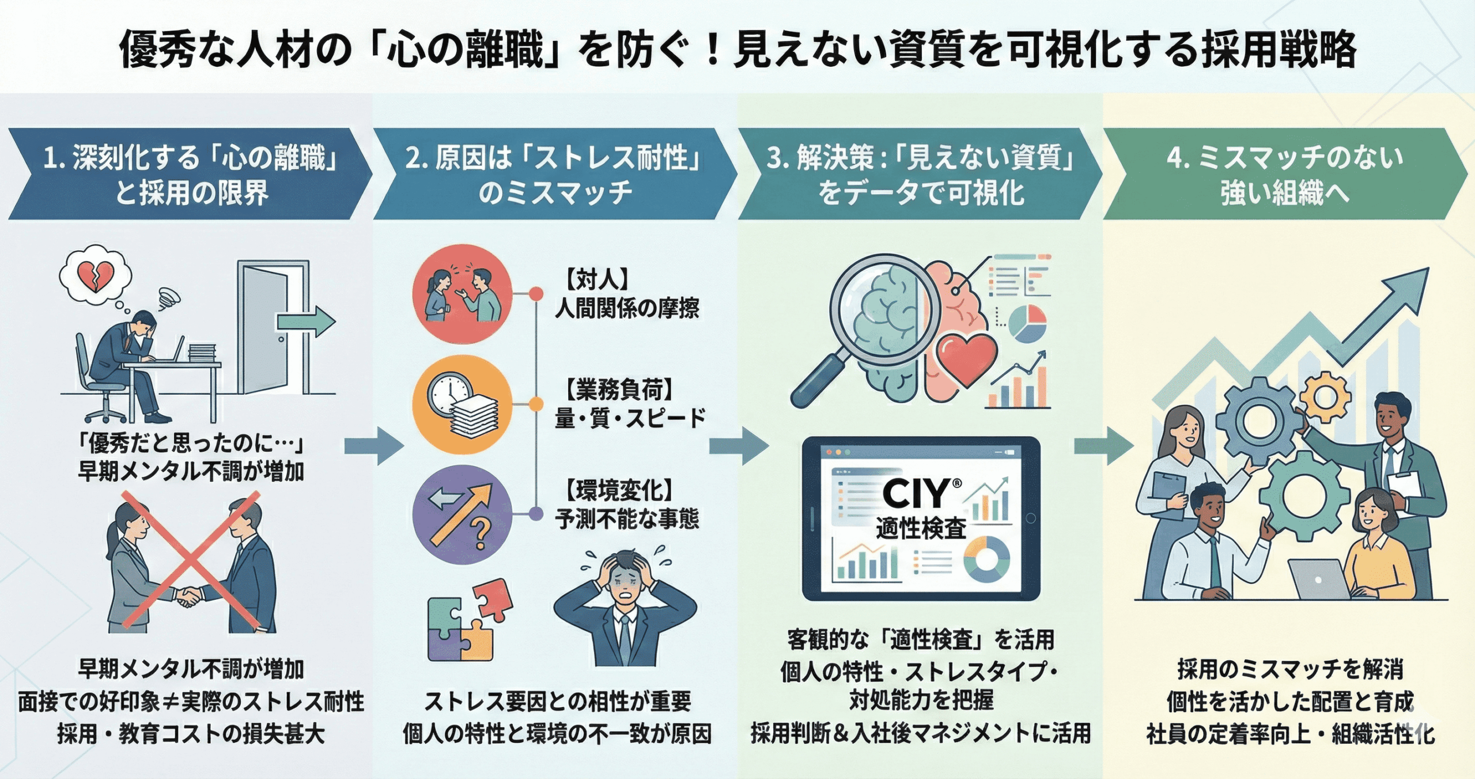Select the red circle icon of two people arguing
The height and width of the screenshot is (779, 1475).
[462, 294]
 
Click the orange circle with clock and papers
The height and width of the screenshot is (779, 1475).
[462, 404]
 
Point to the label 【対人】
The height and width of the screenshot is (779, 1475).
[596, 280]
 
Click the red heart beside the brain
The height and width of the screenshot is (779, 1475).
[966, 358]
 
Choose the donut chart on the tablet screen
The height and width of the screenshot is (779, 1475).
[986, 558]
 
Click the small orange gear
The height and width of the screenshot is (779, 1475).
[1325, 397]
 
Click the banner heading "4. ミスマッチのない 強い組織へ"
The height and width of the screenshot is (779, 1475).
[1284, 175]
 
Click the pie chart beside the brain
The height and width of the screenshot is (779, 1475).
[1027, 323]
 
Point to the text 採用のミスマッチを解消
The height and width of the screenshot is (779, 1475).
[1289, 669]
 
